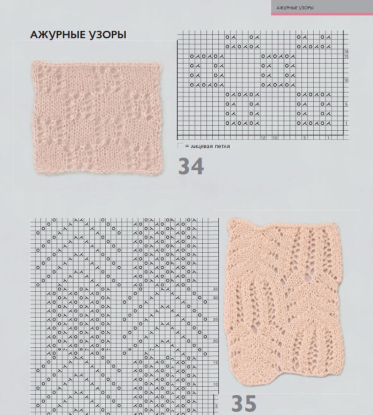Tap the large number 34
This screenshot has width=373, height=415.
[191, 167]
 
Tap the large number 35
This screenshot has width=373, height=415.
[244, 403]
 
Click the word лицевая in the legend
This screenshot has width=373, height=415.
[202, 146]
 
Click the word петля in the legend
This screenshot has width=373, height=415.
[223, 146]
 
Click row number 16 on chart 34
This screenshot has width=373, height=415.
[346, 51]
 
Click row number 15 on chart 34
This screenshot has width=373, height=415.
[346, 56]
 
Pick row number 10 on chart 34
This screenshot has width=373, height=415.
[346, 80]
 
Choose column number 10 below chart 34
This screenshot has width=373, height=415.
[274, 138]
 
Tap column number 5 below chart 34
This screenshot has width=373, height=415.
[304, 138]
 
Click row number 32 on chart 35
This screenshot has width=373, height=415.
[216, 288]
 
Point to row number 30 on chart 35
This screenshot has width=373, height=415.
[216, 297]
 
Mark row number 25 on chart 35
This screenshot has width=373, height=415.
[216, 319]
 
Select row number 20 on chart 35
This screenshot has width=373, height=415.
[216, 340]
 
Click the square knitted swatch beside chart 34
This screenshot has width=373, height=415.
[97, 117]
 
